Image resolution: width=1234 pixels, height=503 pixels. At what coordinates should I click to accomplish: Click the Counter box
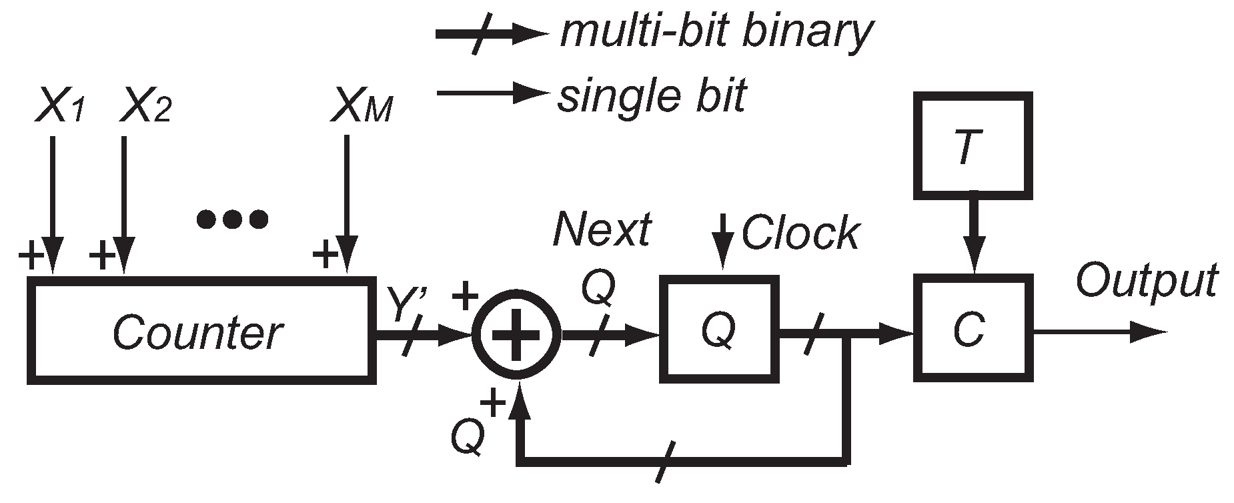pos(198,332)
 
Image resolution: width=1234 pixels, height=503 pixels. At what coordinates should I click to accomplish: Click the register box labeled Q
pos(719,328)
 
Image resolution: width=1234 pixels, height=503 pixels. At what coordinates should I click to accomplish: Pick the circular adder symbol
pos(516,333)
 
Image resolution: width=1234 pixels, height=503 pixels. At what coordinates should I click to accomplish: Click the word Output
pos(1146,280)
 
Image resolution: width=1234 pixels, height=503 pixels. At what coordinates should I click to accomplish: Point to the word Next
pos(602,230)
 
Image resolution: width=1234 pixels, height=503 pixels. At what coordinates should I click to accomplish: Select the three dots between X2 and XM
pos(233,218)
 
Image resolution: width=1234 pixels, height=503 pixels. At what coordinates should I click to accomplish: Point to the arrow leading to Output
pos(1101,332)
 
